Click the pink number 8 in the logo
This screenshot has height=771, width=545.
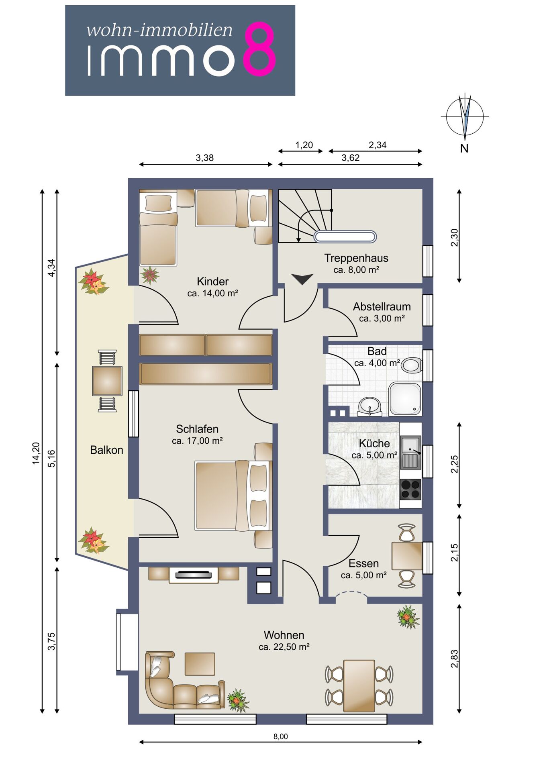point(260,49)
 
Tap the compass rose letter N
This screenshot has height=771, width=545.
point(464,148)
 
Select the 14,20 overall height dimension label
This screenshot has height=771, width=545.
point(36,453)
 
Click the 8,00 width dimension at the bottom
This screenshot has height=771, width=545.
point(281,736)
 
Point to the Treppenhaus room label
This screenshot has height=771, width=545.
point(356,258)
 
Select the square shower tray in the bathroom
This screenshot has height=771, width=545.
point(405,399)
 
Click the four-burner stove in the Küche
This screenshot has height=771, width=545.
point(410,489)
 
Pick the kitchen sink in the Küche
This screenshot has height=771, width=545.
point(410,452)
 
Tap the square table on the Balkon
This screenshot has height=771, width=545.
point(107,381)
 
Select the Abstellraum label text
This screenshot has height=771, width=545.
point(382,307)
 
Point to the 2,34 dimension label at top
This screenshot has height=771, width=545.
point(378,145)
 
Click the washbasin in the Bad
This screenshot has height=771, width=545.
point(370,406)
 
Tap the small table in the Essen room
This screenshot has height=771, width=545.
point(407,556)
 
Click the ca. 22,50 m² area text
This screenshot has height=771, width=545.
point(284,647)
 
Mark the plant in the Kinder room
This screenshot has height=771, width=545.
point(150,275)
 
